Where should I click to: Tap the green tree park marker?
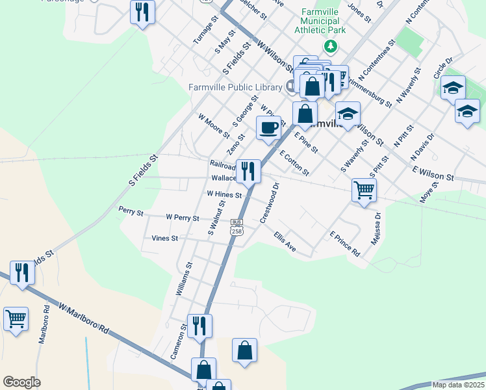tap(331, 46)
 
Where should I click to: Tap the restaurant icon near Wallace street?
tap(248, 171)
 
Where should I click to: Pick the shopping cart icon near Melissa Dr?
tap(364, 190)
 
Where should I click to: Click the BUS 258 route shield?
tap(237, 227)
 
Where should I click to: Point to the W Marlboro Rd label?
tap(83, 318)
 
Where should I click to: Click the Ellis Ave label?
tap(285, 241)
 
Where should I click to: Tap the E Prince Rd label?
tap(344, 244)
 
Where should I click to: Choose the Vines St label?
tap(164, 239)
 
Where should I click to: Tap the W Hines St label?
tap(224, 194)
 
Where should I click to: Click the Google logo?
tap(21, 382)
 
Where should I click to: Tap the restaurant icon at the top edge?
tap(143, 12)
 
